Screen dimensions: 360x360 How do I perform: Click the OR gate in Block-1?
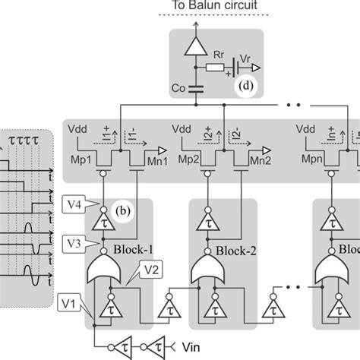105,268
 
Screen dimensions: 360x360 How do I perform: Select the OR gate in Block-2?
207,268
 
